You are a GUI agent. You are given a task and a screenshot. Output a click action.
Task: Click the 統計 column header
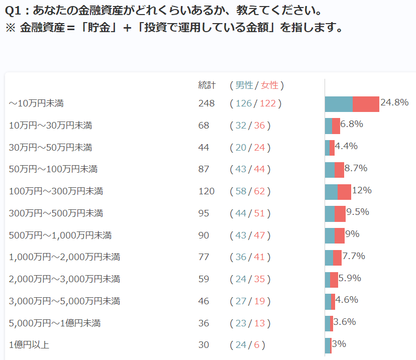(206, 85)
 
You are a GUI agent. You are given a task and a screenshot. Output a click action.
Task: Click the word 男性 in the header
(245, 85)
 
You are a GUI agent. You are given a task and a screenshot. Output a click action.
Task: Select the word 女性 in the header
(270, 85)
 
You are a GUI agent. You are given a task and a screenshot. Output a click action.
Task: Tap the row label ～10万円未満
(36, 103)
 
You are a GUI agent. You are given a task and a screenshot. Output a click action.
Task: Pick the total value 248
(206, 103)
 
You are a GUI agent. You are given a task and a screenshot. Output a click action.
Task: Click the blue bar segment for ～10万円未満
(339, 104)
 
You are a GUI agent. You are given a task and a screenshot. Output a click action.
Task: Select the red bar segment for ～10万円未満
(366, 104)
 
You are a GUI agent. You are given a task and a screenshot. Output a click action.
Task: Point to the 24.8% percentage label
(394, 102)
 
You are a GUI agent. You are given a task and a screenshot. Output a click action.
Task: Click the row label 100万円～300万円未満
(56, 191)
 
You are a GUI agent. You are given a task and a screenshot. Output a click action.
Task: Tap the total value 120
(206, 191)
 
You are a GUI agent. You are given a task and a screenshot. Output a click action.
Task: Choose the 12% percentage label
(362, 190)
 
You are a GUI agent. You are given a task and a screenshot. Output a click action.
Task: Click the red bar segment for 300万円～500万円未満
(340, 214)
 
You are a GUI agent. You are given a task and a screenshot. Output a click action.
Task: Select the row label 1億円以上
(29, 345)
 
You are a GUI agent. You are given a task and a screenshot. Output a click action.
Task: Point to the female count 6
(257, 345)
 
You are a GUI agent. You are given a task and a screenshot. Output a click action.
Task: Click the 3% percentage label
(339, 344)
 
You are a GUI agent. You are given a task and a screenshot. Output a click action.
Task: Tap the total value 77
(203, 257)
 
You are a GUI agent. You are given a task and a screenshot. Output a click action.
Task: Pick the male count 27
(241, 301)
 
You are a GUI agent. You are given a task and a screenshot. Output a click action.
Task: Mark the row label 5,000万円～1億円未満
(55, 323)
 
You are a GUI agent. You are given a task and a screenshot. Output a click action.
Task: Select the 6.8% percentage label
(352, 124)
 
